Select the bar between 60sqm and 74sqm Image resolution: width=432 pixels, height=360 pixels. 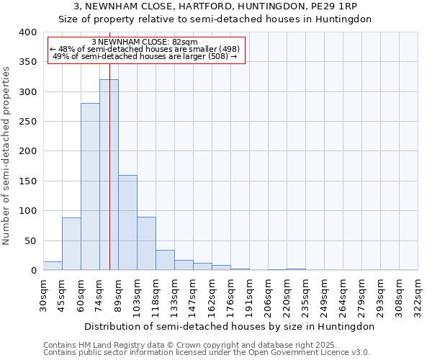tap(90, 187)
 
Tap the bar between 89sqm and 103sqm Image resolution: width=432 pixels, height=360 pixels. tap(127, 222)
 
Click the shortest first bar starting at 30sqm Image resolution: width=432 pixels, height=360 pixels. tap(53, 266)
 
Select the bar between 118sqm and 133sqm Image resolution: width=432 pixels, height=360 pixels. tap(165, 260)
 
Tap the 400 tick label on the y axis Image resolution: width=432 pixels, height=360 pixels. tap(27, 32)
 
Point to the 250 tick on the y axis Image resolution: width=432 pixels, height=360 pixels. tap(27, 122)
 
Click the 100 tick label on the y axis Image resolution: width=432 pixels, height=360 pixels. tap(27, 211)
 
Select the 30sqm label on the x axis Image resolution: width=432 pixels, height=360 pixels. tap(43, 295)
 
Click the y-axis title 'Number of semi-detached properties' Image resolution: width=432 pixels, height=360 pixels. tap(6, 156)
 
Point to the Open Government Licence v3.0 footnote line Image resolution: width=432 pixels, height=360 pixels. tap(207, 353)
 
